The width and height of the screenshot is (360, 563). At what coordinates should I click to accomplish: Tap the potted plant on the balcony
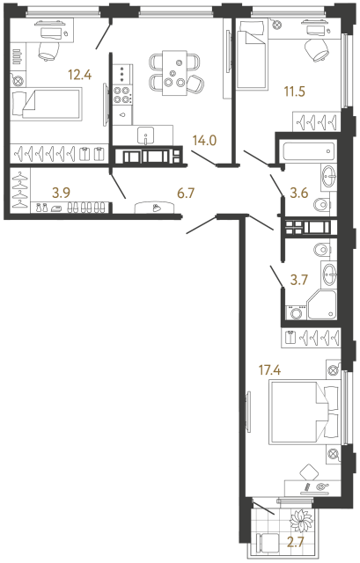[x=303, y=519]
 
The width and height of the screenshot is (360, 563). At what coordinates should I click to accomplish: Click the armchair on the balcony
[x=268, y=545]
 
